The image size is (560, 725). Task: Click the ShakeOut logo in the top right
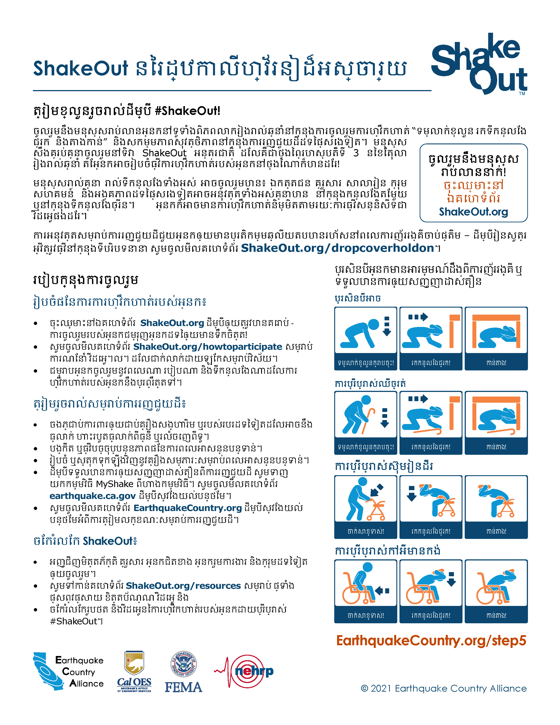point(479,64)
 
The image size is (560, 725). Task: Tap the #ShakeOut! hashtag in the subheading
point(188,111)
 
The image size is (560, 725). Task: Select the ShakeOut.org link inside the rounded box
point(473,212)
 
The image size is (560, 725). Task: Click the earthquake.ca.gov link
point(92,496)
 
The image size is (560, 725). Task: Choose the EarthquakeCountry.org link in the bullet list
point(188,508)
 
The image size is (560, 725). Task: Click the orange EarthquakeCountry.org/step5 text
point(431,641)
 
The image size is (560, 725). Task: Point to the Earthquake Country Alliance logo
point(68,672)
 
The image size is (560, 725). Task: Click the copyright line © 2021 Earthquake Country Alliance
point(444,689)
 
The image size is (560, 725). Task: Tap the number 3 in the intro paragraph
point(356,153)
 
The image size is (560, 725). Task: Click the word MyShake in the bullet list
point(114,484)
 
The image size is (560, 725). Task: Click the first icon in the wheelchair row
point(366,583)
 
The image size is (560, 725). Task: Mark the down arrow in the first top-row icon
point(387,326)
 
